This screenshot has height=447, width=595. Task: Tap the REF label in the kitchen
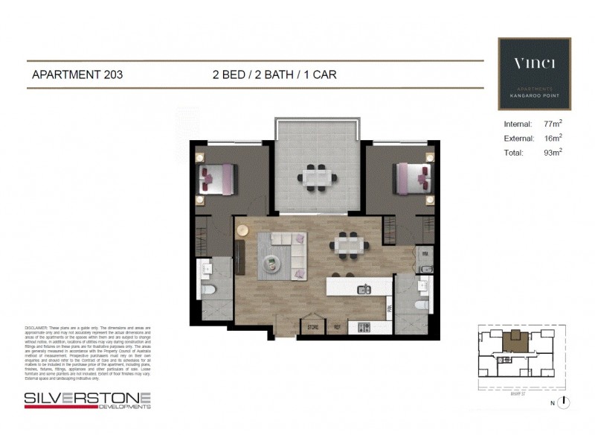[337, 326]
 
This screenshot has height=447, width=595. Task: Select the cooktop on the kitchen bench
[364, 327]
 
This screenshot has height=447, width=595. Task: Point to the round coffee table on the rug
[272, 261]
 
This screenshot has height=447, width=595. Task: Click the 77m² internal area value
[551, 124]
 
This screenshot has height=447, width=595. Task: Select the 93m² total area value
[551, 153]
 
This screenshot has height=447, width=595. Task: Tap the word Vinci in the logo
[534, 63]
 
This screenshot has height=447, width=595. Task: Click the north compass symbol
[565, 402]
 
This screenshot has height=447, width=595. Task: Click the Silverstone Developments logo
[88, 400]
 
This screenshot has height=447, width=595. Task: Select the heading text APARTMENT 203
[77, 74]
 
